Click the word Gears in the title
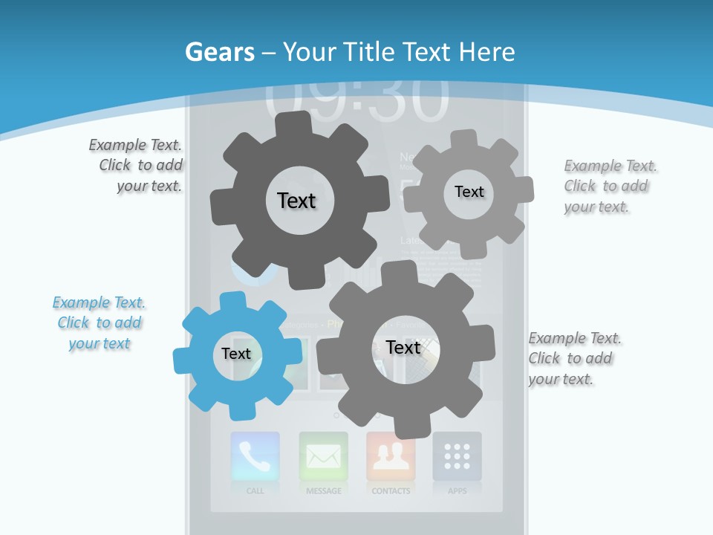click(219, 52)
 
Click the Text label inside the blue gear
click(236, 354)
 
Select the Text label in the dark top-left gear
click(296, 201)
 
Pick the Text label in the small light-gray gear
click(469, 192)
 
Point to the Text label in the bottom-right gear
click(403, 347)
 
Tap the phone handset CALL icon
click(255, 456)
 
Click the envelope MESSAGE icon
click(323, 456)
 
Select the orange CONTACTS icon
click(391, 456)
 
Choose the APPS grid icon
click(457, 456)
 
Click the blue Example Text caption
click(100, 323)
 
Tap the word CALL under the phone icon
click(255, 491)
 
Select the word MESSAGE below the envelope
click(323, 491)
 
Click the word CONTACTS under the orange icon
click(391, 491)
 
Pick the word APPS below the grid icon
click(457, 491)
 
